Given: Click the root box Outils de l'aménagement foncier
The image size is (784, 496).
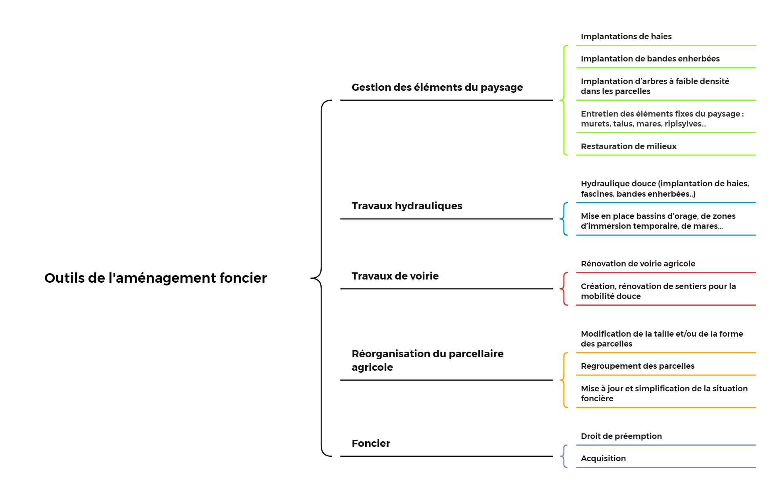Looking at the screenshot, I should coord(166,278).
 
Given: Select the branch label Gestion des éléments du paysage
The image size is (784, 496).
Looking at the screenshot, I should coord(437,87).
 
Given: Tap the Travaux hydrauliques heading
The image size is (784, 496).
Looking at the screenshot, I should coord(407,206).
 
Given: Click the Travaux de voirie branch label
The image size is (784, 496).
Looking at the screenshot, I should coord(395,276).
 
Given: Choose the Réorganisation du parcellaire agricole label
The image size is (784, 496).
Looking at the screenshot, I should coord(427,360).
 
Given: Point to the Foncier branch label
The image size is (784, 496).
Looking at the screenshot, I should coord(371,443).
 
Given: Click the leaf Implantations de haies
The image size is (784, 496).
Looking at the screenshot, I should coord(626,36).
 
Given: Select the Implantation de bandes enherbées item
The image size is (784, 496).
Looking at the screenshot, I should coord(650,59).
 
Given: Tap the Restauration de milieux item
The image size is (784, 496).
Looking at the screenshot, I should coord(629,146).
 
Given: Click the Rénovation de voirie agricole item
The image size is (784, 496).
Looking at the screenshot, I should coord(638,264).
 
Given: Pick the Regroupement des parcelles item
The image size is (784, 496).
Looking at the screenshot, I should coord(637,366).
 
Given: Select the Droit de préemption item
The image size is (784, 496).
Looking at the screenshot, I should coord(621,436).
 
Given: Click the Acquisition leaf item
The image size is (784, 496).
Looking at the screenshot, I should coord(603,458).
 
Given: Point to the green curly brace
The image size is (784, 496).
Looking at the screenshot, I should coord(564,100).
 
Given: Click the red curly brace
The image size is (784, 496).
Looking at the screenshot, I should coord(564,289).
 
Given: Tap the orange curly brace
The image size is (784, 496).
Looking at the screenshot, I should coord(564,380).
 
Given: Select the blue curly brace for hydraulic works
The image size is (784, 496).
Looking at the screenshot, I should coord(564,219).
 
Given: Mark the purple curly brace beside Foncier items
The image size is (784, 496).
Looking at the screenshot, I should coord(564,456).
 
